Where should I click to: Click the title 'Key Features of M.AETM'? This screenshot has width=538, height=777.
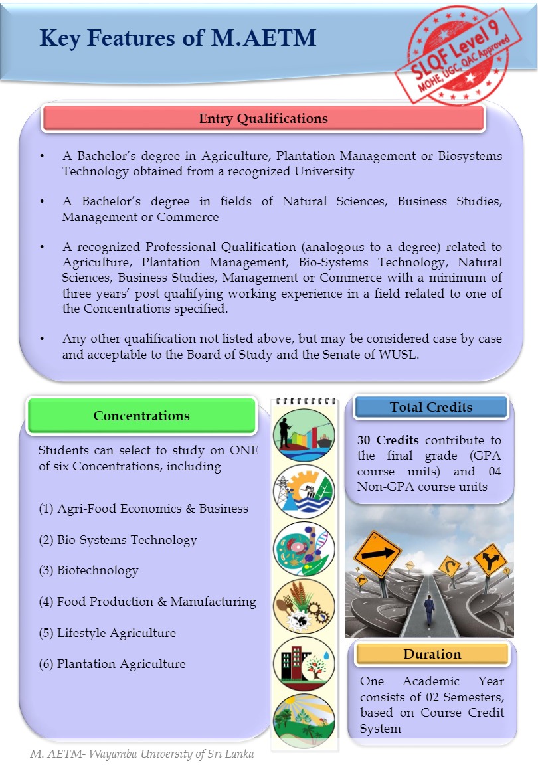tap(177, 39)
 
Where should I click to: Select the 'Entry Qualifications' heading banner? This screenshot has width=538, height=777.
tap(263, 119)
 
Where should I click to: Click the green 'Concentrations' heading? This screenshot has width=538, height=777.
tap(141, 416)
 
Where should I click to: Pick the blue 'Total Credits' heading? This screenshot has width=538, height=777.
tap(431, 407)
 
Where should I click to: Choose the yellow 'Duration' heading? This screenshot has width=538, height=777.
tap(432, 654)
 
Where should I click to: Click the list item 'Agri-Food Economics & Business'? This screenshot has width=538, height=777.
tap(143, 509)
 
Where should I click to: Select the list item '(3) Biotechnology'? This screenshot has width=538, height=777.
tap(88, 570)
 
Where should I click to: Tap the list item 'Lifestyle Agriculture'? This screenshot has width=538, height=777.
tap(107, 633)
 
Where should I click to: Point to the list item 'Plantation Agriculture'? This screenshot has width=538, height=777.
tap(112, 664)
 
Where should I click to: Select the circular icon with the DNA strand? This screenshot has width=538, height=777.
tap(304, 549)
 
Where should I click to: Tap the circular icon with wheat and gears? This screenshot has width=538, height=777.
tap(304, 606)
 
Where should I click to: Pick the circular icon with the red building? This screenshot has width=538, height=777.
tap(304, 663)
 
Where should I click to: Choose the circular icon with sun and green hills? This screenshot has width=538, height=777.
tap(304, 719)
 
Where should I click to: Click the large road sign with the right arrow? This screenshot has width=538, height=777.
tap(377, 553)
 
